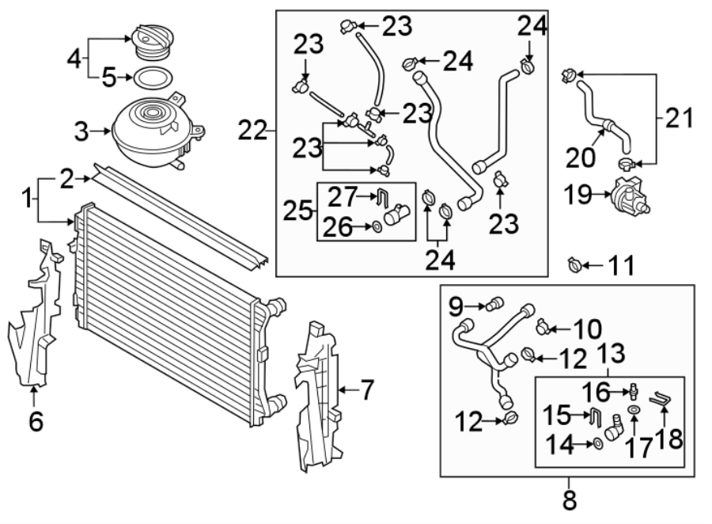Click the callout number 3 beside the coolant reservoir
click(x=81, y=132)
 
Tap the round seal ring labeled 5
click(x=153, y=78)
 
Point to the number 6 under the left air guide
click(x=36, y=421)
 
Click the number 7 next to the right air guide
click(x=366, y=389)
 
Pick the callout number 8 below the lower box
click(x=570, y=500)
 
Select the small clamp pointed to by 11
click(x=575, y=264)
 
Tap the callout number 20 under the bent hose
click(x=581, y=158)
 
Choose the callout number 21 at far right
click(x=680, y=118)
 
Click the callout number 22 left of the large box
click(x=252, y=131)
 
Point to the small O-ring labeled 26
click(x=377, y=226)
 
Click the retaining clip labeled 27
click(x=384, y=196)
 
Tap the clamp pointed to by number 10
click(x=542, y=327)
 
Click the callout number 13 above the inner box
click(x=612, y=353)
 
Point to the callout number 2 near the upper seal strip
click(x=66, y=179)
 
